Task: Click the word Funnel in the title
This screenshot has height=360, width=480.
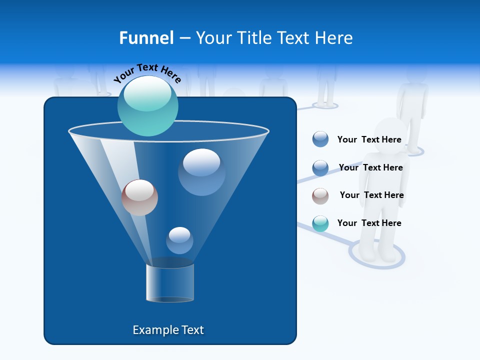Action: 146,38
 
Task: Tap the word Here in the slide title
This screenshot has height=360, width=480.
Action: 333,38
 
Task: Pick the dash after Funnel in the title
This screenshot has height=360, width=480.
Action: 184,38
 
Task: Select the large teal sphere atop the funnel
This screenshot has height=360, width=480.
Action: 147,106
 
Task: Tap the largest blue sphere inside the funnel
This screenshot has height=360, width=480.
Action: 201,172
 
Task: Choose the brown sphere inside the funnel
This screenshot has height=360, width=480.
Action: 139,197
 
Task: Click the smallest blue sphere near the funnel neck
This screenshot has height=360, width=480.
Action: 179,240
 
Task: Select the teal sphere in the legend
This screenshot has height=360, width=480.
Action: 320,223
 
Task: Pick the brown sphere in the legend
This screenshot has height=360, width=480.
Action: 320,196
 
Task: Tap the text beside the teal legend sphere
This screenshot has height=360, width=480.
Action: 369,223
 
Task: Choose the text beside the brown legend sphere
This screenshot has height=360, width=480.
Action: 371,195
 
